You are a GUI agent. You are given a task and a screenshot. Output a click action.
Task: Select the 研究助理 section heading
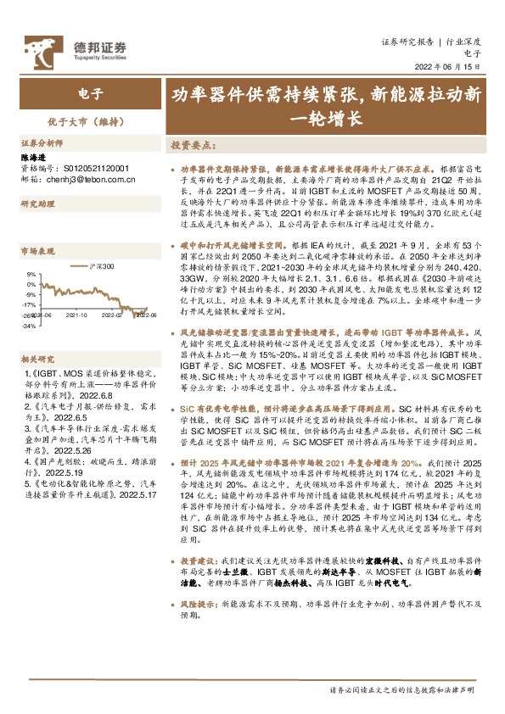point(36,204)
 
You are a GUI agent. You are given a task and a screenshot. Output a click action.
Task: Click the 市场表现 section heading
point(36,253)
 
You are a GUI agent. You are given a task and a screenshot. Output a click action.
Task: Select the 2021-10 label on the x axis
point(76,315)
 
